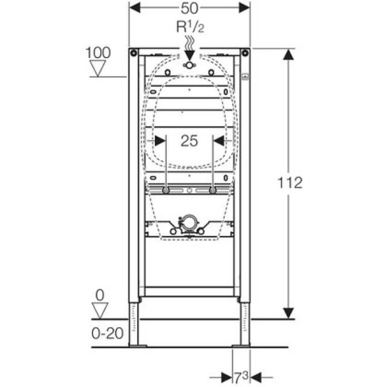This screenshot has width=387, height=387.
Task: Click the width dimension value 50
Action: pyautogui.click(x=189, y=8)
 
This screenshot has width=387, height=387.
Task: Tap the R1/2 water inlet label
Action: pyautogui.click(x=189, y=28)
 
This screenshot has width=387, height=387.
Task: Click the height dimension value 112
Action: pyautogui.click(x=291, y=182)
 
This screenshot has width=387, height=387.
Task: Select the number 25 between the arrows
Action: pyautogui.click(x=189, y=141)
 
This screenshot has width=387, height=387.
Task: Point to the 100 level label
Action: pyautogui.click(x=98, y=53)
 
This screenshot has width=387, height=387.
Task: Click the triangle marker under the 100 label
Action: pyautogui.click(x=98, y=68)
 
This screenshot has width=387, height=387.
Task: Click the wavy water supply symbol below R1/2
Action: pyautogui.click(x=189, y=44)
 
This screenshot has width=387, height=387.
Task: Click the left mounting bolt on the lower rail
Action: pyautogui.click(x=166, y=190)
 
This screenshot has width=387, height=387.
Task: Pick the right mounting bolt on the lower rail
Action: pyautogui.click(x=213, y=190)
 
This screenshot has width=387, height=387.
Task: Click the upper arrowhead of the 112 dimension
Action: pyautogui.click(x=289, y=55)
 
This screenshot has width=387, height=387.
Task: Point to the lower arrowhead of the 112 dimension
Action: pyautogui.click(x=289, y=313)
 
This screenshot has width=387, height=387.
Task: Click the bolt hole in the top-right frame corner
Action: pyautogui.click(x=245, y=53)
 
